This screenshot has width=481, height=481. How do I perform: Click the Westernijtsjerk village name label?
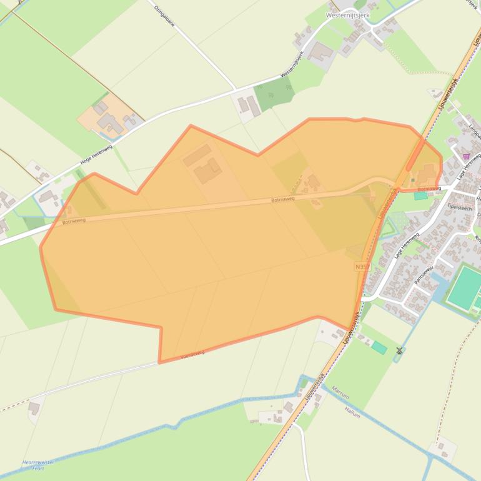coord(348,15)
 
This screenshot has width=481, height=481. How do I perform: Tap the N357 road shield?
coord(362,267)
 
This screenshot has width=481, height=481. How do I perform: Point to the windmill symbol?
coord(399,351)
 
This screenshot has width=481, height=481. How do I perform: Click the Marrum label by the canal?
coord(340,392)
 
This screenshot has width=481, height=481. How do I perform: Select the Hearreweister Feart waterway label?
coord(38,464)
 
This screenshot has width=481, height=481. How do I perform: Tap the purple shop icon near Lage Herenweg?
coord(465,156)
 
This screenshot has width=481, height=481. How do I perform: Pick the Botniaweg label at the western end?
coord(74,221)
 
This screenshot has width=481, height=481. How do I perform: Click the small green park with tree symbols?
coord(274,94)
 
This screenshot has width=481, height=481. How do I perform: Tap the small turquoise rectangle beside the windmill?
coord(379,347)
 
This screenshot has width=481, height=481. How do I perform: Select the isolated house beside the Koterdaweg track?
coord(34,407)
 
